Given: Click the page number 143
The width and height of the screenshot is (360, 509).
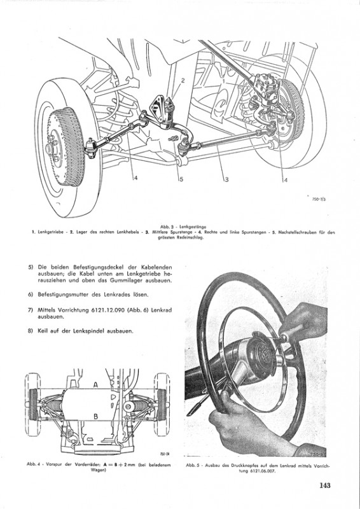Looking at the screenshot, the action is click(x=324, y=485).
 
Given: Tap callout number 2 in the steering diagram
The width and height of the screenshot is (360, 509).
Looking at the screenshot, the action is click(x=183, y=81).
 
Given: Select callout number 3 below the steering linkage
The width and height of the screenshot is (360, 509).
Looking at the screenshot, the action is click(x=226, y=179).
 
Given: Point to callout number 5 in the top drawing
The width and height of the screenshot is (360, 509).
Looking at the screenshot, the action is click(x=181, y=179).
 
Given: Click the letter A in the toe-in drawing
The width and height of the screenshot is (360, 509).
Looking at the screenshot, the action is click(x=96, y=385).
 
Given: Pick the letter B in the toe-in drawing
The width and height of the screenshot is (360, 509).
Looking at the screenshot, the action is click(x=96, y=416).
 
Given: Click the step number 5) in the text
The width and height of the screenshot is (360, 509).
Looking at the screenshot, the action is click(x=31, y=267).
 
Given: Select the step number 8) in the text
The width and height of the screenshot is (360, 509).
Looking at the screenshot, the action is click(x=31, y=331).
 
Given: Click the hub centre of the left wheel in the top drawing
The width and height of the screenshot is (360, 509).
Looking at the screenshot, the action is click(x=50, y=150).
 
